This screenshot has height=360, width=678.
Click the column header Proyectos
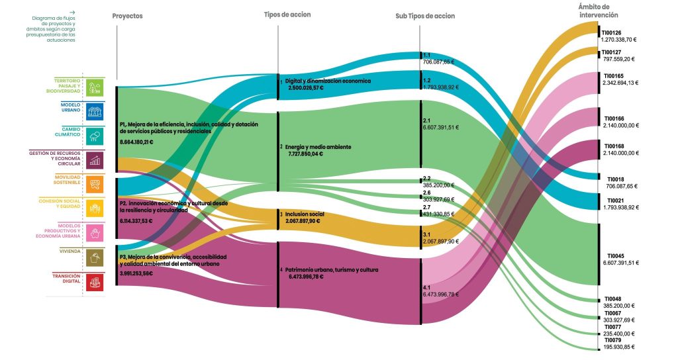[x=128, y=16]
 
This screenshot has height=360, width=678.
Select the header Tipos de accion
[x=287, y=14]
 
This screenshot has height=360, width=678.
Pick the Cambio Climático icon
[x=95, y=135]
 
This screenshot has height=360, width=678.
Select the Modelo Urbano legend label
[x=70, y=108]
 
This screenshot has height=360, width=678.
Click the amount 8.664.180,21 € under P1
[x=136, y=142]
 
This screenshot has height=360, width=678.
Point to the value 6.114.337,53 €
[x=136, y=220]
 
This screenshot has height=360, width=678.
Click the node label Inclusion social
[x=304, y=214]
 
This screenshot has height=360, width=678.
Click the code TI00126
[x=611, y=32]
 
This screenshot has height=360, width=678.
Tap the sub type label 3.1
[x=427, y=234]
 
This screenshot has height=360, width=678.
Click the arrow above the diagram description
[x=72, y=12]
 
